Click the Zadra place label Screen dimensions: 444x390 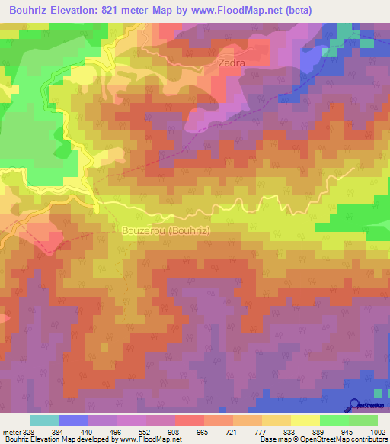(x=232, y=63)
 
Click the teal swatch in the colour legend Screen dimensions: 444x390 (x=45, y=420)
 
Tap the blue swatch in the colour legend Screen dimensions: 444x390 (x=74, y=420)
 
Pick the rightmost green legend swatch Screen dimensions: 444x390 (x=363, y=420)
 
